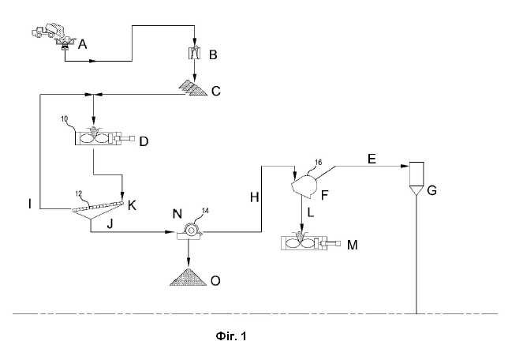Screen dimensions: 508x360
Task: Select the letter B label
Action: pyautogui.click(x=213, y=54)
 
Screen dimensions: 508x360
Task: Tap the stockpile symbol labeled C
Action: pyautogui.click(x=193, y=88)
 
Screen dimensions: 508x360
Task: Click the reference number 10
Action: pyautogui.click(x=65, y=119)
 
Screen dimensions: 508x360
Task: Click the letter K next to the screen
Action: pyautogui.click(x=132, y=205)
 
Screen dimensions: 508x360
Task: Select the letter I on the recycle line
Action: pyautogui.click(x=30, y=204)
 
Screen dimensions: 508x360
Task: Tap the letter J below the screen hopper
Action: pyautogui.click(x=110, y=223)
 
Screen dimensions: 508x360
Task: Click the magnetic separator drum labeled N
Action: pyautogui.click(x=190, y=231)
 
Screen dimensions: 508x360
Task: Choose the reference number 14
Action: pyautogui.click(x=205, y=211)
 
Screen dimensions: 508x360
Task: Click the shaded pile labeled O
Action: pyautogui.click(x=189, y=277)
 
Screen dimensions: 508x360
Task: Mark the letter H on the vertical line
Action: pyautogui.click(x=254, y=197)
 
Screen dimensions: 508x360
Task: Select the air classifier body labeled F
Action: pyautogui.click(x=304, y=186)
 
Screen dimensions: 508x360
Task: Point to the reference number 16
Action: pyautogui.click(x=319, y=162)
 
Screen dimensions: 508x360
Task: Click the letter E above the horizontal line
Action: pyautogui.click(x=372, y=159)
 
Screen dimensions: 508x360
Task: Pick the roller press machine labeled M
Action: pyautogui.click(x=311, y=242)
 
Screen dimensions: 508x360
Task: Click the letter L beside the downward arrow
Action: pyautogui.click(x=310, y=212)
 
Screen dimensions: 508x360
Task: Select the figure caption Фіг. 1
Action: pyautogui.click(x=231, y=336)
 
